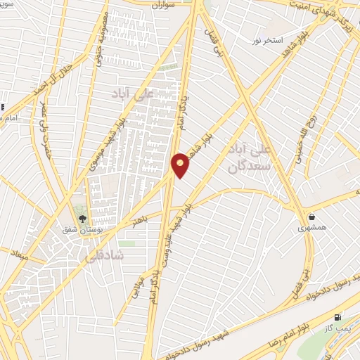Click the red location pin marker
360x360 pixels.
click(x=181, y=165)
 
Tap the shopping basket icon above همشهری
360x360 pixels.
click(x=311, y=217)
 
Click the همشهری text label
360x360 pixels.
click(x=311, y=228)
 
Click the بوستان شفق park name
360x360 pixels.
click(x=80, y=230)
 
